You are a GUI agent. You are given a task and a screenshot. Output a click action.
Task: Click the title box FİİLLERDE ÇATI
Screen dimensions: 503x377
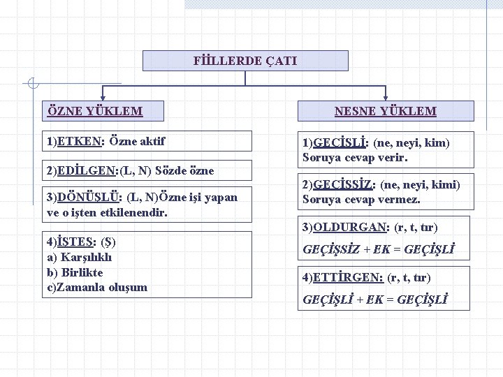pos(245,61)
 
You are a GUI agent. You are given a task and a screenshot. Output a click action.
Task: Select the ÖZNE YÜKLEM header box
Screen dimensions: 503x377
pos(96,111)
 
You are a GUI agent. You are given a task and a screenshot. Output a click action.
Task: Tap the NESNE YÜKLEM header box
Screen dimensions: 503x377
pos(385,111)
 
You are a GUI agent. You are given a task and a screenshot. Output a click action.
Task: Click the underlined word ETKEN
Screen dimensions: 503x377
pos(80,142)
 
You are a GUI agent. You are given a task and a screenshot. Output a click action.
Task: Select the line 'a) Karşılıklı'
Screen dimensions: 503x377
pos(79,257)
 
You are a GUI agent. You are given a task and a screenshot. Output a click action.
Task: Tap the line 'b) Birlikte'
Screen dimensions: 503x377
pos(75,272)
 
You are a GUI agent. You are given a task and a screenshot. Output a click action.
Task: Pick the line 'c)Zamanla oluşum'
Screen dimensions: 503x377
pos(97,287)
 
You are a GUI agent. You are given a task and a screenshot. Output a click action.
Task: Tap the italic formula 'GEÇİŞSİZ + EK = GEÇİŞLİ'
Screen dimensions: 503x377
pos(378,248)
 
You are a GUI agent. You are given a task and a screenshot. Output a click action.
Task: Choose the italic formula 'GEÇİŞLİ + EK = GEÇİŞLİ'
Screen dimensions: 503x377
pos(375,300)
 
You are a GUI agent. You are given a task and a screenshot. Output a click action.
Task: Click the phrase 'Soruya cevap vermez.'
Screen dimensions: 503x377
pos(361,200)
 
